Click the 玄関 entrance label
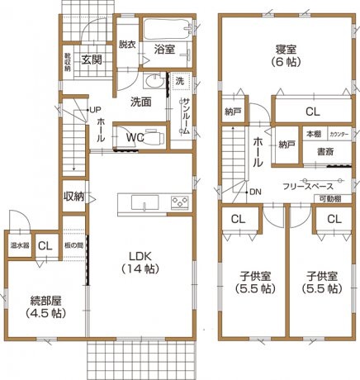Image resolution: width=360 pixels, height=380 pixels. click(x=91, y=60)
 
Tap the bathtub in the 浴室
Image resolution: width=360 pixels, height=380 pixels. click(x=165, y=31)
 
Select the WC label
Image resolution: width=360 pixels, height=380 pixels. click(x=136, y=138)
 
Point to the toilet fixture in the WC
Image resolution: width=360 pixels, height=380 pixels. click(x=159, y=138)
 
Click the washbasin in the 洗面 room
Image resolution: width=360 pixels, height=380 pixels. click(x=153, y=83)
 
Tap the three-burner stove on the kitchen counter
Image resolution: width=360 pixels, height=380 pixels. click(x=181, y=202)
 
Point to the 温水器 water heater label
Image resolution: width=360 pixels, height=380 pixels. click(x=20, y=245)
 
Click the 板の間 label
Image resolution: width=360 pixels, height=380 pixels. click(x=73, y=245)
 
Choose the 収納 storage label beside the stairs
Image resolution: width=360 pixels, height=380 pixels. click(x=73, y=197)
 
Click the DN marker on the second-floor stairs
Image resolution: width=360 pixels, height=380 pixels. click(x=256, y=192)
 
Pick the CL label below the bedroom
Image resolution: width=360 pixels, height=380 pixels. click(x=312, y=112)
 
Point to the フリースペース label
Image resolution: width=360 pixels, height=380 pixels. click(x=307, y=187)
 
